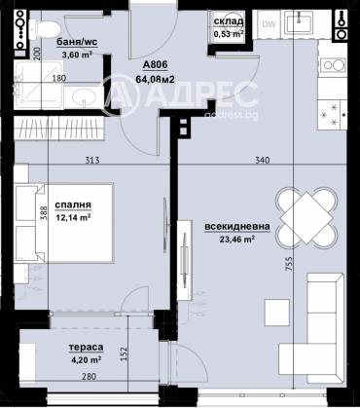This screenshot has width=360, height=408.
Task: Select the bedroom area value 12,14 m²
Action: click(x=72, y=218)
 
